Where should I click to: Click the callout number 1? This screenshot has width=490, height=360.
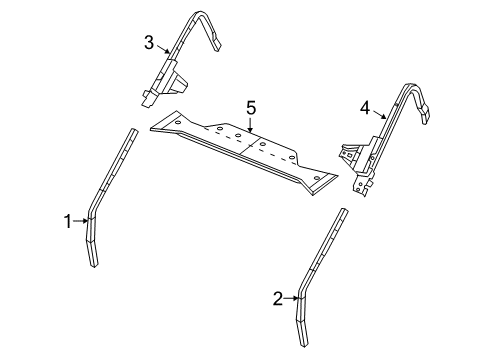69,221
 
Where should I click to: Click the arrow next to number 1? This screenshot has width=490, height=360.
82,221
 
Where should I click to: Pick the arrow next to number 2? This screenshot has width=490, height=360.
292,297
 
